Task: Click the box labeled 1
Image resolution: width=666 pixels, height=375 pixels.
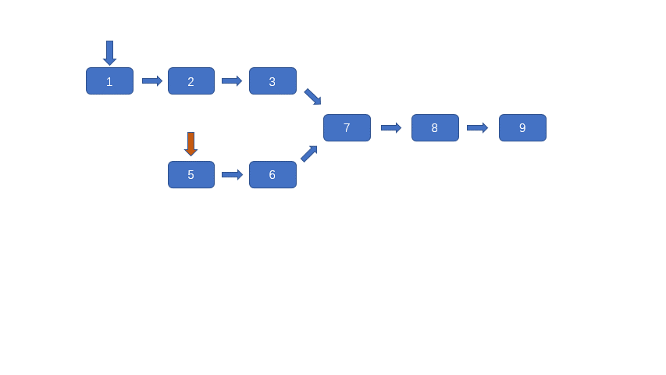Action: (109, 81)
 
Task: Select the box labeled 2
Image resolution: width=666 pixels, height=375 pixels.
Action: (191, 81)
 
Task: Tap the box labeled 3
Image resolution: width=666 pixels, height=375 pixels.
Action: (272, 81)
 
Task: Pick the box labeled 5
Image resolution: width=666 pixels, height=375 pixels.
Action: (191, 175)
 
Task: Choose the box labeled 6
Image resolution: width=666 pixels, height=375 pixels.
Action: (272, 175)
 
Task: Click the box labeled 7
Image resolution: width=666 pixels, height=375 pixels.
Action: (347, 128)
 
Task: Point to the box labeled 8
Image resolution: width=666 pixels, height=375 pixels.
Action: (435, 128)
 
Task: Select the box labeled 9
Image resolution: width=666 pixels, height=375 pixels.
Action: (522, 128)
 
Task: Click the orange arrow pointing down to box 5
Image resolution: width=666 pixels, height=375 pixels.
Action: (191, 144)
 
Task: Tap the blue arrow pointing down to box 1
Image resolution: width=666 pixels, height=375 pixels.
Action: (109, 52)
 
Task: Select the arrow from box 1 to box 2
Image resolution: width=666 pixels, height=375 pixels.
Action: (151, 81)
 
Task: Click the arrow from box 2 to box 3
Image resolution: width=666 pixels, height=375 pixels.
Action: (231, 81)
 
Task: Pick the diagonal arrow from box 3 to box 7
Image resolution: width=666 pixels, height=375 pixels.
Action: (312, 96)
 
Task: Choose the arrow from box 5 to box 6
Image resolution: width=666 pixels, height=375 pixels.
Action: (231, 175)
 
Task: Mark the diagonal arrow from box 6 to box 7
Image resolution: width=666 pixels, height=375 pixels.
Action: (309, 154)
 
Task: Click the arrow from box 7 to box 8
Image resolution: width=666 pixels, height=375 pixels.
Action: (390, 128)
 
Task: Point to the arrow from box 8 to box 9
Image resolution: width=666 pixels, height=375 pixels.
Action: (477, 128)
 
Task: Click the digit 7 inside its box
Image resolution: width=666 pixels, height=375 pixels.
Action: (347, 128)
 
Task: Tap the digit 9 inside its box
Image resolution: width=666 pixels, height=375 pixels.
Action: (522, 128)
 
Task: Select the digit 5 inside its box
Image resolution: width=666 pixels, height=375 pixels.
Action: (191, 175)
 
